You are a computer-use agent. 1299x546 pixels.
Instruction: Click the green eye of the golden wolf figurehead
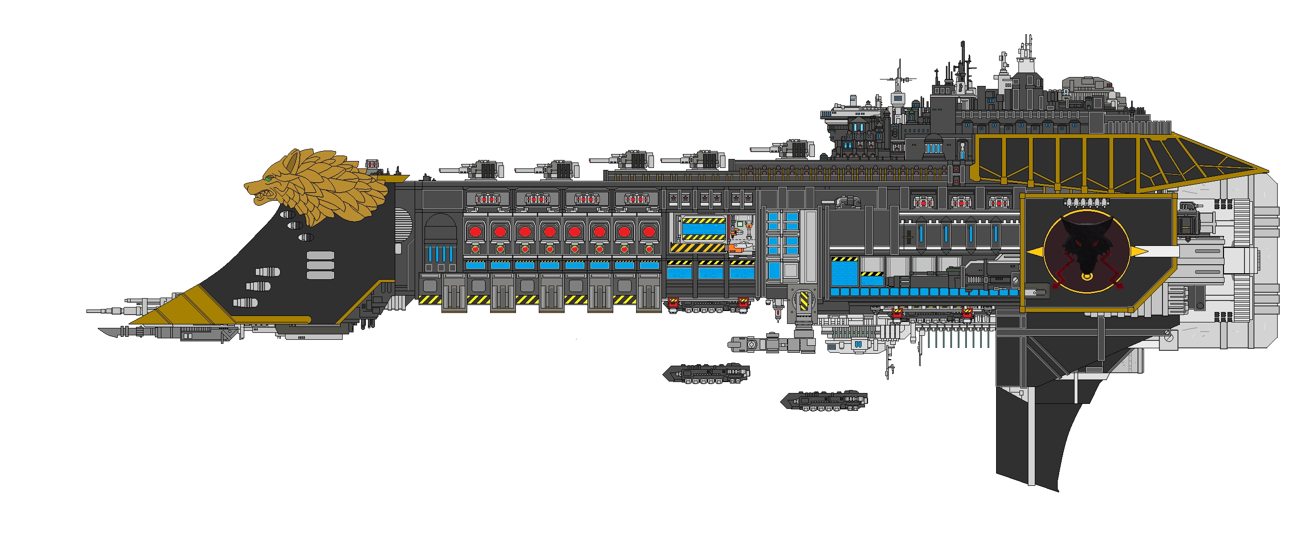269,178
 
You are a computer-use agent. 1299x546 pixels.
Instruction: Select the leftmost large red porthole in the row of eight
475,232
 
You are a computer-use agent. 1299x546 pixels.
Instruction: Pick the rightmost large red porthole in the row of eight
649,232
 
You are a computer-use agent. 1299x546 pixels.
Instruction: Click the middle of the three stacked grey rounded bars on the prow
320,265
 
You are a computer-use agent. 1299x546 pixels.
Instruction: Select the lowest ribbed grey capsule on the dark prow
246,303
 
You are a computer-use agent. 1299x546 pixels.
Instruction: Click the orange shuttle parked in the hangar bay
737,248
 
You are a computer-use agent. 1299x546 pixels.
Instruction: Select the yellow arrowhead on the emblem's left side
1031,251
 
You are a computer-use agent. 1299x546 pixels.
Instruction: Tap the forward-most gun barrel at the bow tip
93,311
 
